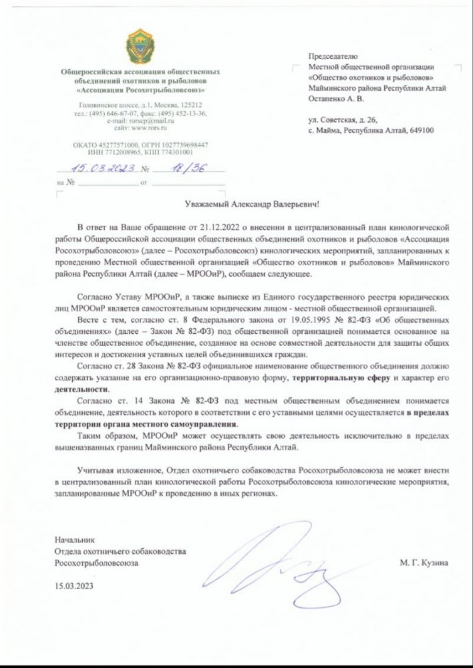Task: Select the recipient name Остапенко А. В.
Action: pos(337,98)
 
